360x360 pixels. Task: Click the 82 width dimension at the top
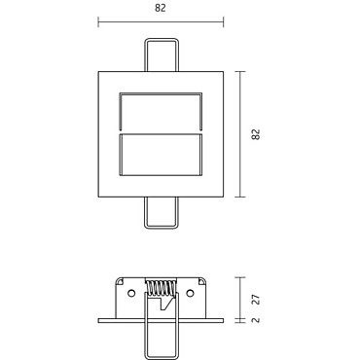click(x=161, y=8)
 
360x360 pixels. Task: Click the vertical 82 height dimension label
click(x=256, y=134)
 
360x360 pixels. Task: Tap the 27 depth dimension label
click(x=256, y=300)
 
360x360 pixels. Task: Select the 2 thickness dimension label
click(x=256, y=320)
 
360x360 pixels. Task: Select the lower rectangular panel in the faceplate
click(x=161, y=155)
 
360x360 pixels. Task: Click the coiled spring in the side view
click(x=161, y=287)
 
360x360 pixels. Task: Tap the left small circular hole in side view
click(x=131, y=294)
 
